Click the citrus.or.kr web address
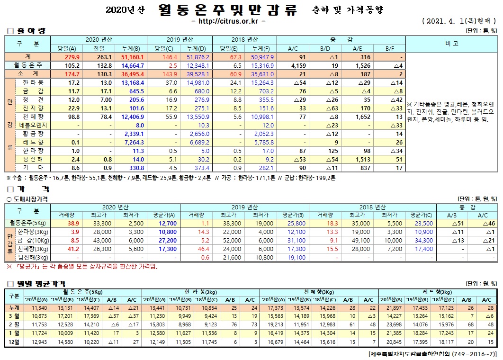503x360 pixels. coord(229,21)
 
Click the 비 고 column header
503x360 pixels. coord(451,44)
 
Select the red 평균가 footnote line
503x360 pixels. coord(81,266)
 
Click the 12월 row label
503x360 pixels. coord(13,342)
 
